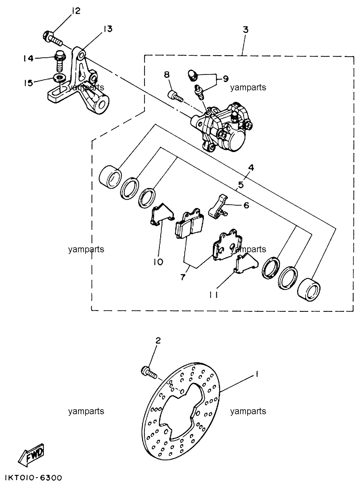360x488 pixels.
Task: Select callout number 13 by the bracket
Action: point(108,29)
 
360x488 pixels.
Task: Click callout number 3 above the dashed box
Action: point(246,30)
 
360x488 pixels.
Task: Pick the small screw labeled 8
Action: point(175,96)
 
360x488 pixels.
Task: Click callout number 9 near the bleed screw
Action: point(225,79)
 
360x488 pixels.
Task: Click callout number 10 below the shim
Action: point(158,262)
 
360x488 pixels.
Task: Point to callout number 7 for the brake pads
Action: point(183,277)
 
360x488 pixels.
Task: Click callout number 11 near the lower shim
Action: point(214,295)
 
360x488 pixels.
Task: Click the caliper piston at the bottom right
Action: point(309,289)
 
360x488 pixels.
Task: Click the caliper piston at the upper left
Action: point(110,177)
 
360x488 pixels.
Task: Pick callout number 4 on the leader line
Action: point(251,168)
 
